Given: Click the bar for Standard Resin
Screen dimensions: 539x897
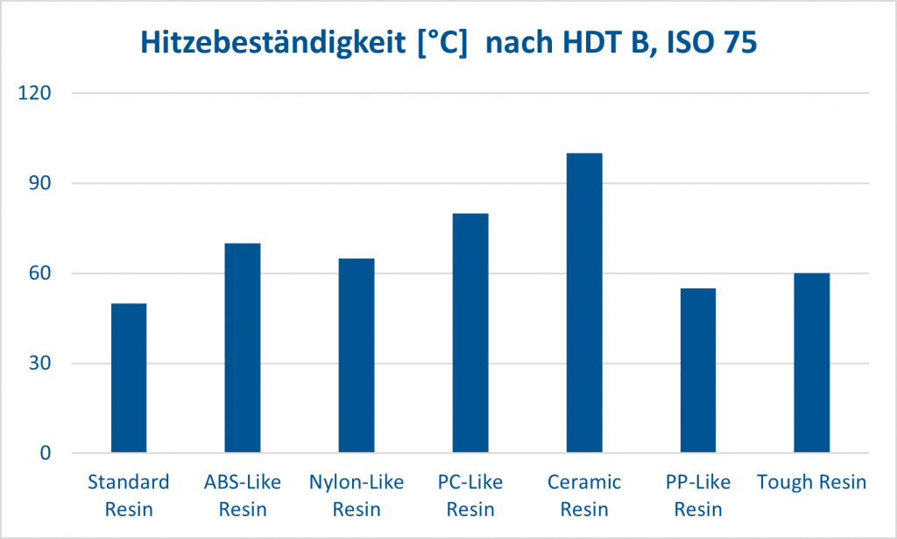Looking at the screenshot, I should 129,379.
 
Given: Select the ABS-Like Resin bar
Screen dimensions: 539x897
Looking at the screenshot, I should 243,348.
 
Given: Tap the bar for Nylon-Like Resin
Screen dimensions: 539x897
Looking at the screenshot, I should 357,356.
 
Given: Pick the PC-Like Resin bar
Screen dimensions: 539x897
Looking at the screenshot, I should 470,333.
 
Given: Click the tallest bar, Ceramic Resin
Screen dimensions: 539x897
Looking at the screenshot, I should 584,303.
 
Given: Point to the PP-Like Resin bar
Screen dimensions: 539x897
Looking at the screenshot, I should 698,371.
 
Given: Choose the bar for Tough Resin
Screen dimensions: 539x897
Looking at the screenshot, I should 811,363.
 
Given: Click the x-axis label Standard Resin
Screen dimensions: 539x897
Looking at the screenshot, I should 129,495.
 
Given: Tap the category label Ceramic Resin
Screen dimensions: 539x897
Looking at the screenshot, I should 584,495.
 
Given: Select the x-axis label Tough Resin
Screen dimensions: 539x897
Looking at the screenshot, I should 811,482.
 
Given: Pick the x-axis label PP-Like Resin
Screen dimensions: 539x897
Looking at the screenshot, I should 698,495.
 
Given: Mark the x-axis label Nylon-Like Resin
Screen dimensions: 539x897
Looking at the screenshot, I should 357,495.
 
